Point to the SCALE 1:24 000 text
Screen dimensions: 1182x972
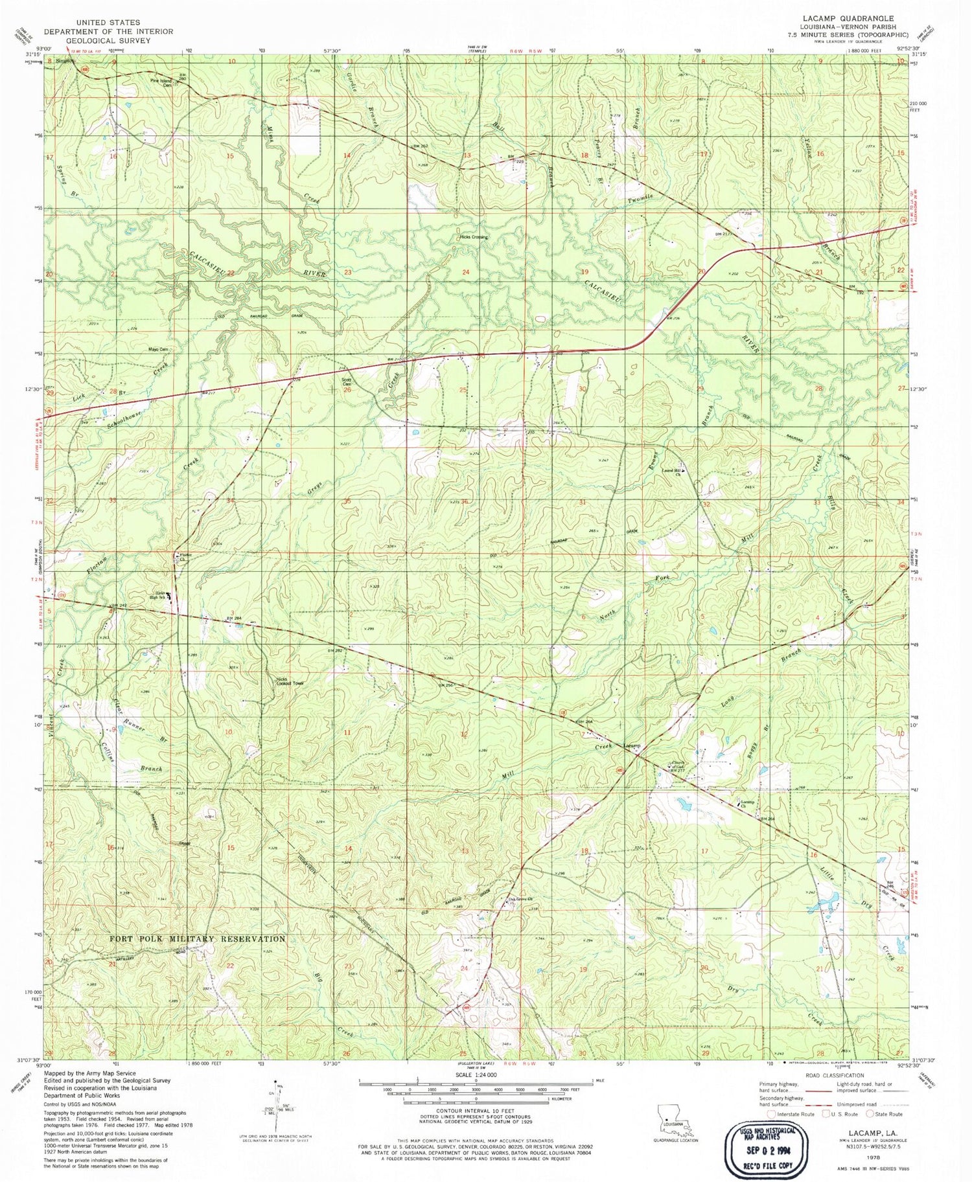[x=476, y=1074]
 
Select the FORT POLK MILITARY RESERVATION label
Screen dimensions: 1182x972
[x=197, y=938]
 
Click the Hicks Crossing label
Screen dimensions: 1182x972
[x=474, y=237]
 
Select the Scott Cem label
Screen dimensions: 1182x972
[x=347, y=382]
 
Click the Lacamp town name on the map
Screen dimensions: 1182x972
[x=632, y=746]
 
